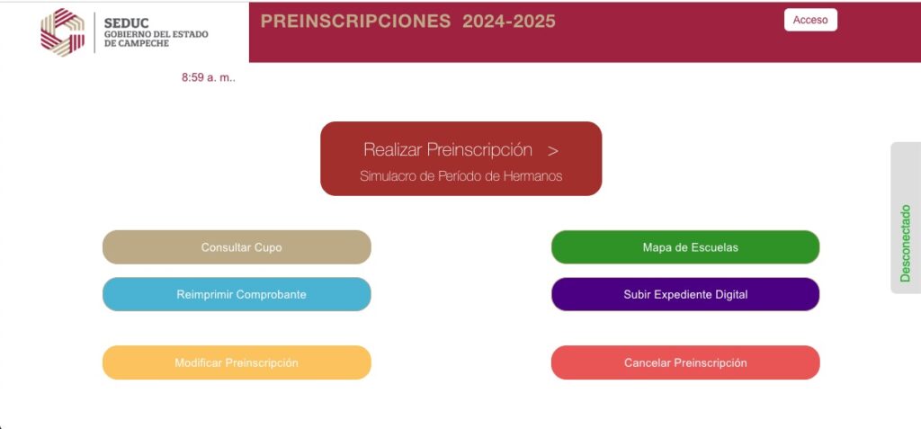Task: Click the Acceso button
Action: (810, 20)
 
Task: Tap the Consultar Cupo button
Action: (237, 247)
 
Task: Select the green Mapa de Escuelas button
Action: (685, 247)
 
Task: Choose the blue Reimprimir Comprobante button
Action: (237, 294)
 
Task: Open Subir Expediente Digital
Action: (685, 294)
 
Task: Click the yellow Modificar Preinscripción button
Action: (237, 362)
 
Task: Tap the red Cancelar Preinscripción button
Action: (685, 362)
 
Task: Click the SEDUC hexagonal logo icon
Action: (63, 32)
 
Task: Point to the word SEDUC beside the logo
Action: (126, 22)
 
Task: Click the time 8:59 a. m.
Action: (209, 77)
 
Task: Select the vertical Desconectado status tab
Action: (906, 218)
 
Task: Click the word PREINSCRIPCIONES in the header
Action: (355, 22)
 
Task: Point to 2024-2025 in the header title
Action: (509, 22)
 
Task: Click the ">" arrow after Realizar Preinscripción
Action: (553, 151)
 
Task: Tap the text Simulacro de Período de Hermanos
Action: (461, 176)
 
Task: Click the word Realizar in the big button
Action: (392, 150)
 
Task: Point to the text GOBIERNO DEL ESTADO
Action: (156, 35)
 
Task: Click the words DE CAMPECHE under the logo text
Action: (137, 43)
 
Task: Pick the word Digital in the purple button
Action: (730, 294)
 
